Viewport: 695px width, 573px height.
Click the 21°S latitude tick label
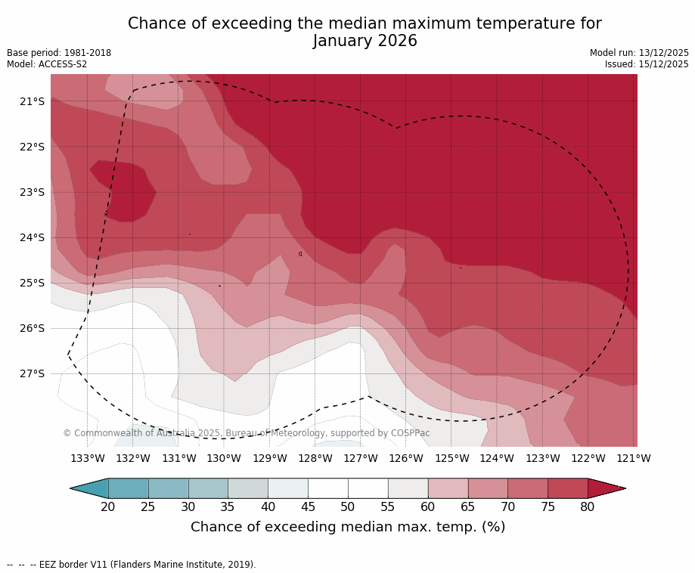pos(33,101)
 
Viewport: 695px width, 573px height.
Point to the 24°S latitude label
pos(33,237)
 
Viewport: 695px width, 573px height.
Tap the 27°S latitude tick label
pos(33,373)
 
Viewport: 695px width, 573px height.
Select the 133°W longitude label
pos(88,458)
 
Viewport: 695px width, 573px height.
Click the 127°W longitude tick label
pos(361,458)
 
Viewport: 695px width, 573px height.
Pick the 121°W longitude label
pos(634,458)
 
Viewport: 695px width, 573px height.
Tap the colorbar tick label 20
pos(108,506)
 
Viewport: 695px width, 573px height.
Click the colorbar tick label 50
pos(348,506)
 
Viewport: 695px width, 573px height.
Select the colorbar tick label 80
pos(588,506)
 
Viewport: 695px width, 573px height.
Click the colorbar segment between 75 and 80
pos(567,488)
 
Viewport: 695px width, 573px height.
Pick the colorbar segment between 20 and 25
pos(129,488)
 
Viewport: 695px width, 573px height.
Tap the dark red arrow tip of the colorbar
pos(608,488)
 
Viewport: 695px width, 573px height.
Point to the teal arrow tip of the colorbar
pos(88,488)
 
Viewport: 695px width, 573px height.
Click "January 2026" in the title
pos(365,42)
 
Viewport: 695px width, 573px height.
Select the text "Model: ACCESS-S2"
pos(47,64)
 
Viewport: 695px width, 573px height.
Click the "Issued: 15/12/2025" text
pos(647,64)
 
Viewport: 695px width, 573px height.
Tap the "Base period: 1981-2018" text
pos(59,53)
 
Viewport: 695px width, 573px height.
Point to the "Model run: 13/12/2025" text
pos(639,53)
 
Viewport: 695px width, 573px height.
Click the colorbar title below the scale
pos(348,527)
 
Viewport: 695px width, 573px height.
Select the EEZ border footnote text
pos(131,564)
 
